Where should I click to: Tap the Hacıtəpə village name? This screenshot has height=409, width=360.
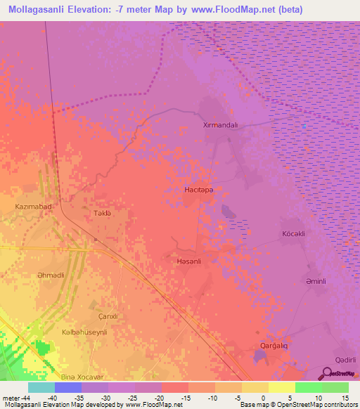click(198, 190)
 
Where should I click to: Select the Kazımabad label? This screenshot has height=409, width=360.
click(34, 207)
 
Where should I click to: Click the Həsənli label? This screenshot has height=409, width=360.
click(186, 261)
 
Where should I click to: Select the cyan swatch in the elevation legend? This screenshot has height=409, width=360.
click(41, 387)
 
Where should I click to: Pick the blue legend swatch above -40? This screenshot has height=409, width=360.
click(67, 387)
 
